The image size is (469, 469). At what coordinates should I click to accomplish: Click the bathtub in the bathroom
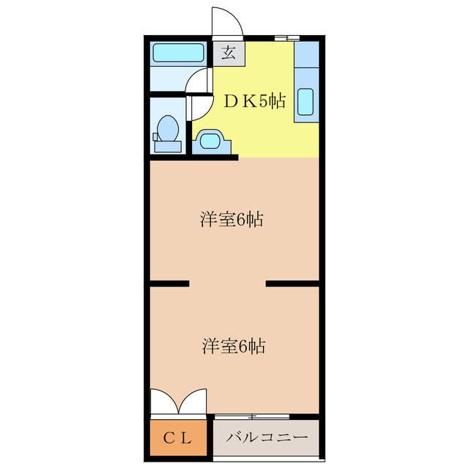pyautogui.click(x=177, y=53)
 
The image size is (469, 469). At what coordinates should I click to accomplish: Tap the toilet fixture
pyautogui.click(x=168, y=132)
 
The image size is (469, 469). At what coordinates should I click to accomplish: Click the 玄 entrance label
pyautogui.click(x=229, y=53)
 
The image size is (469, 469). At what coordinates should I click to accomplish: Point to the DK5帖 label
pyautogui.click(x=254, y=102)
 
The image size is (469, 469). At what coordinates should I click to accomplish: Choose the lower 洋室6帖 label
pyautogui.click(x=232, y=346)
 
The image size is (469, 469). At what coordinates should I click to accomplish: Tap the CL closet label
pyautogui.click(x=177, y=438)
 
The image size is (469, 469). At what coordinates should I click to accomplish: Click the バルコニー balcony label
pyautogui.click(x=267, y=438)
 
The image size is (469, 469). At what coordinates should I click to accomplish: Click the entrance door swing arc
pyautogui.click(x=228, y=21)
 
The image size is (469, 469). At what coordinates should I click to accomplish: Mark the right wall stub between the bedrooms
pyautogui.click(x=293, y=283)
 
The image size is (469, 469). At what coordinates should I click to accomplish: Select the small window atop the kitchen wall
pyautogui.click(x=287, y=37)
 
